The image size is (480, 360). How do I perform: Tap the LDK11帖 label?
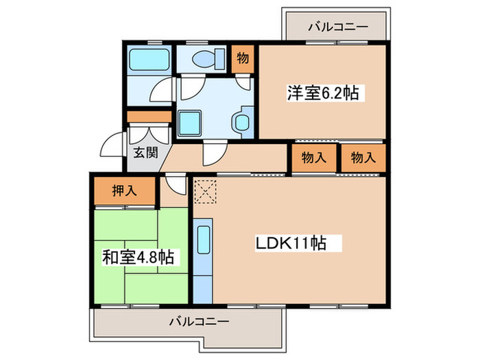click(x=290, y=243)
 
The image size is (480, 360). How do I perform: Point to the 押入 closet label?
click(x=124, y=191)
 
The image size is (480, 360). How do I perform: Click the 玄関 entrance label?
click(x=145, y=152)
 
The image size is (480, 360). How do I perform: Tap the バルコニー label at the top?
click(x=337, y=27)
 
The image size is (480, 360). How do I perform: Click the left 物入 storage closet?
click(x=314, y=158)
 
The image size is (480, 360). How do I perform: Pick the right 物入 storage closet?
click(x=363, y=158)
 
